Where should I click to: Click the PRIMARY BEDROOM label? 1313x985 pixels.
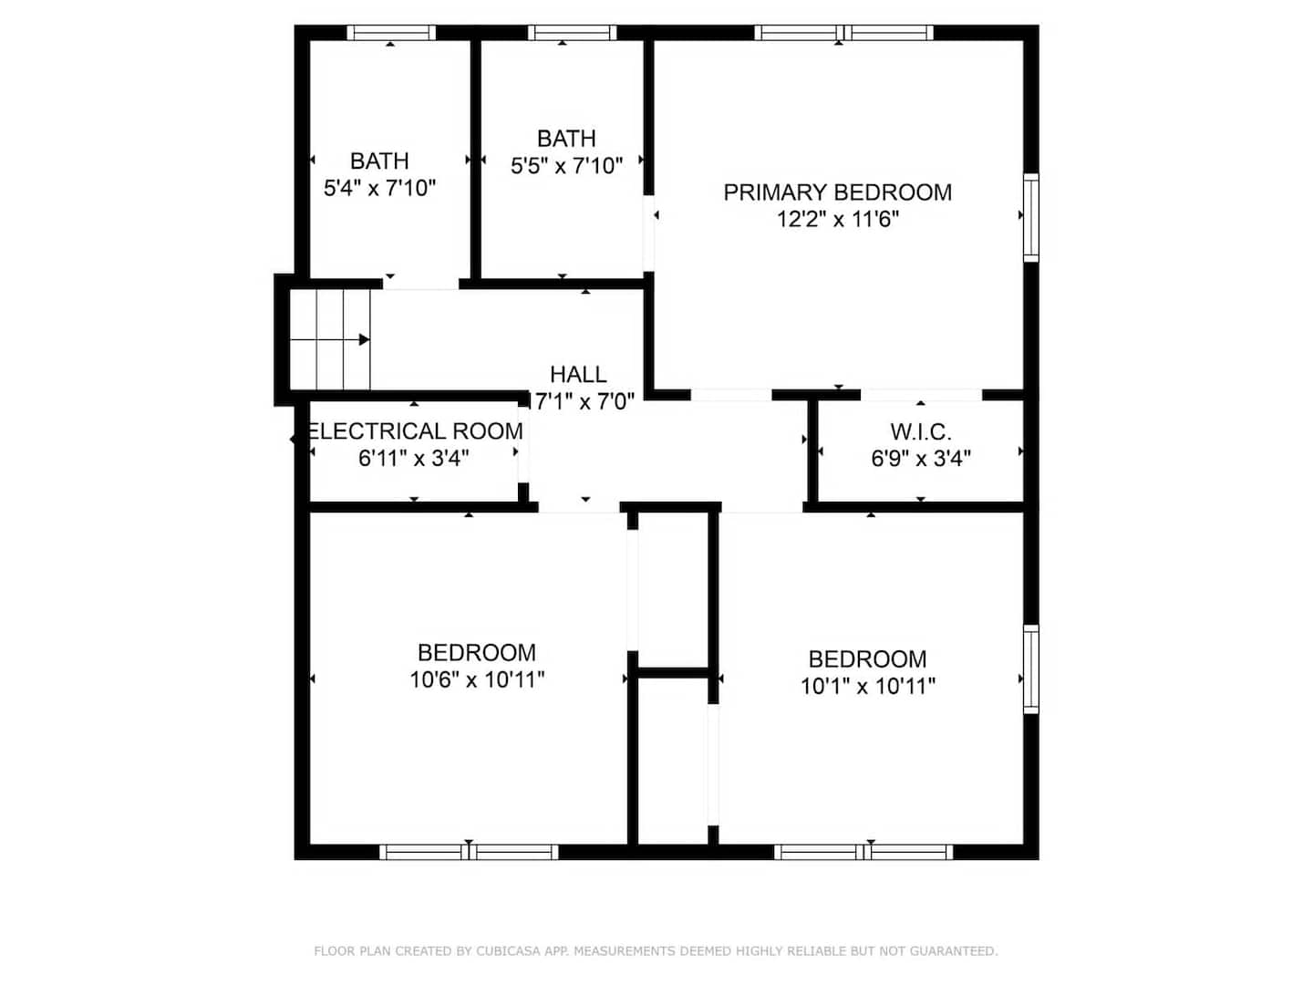837,192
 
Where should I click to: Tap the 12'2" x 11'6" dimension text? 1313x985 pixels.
837,220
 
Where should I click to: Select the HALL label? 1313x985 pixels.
578,374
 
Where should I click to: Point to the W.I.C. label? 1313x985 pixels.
921,431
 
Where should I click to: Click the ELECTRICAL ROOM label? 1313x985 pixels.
415,431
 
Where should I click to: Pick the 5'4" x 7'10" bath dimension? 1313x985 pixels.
380,189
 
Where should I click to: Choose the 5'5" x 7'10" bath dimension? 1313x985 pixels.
566,166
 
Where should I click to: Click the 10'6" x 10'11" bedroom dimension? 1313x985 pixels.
477,680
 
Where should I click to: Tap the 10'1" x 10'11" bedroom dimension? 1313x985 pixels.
868,687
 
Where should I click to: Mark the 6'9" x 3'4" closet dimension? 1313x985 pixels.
921,459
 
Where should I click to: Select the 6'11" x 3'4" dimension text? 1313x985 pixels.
413,459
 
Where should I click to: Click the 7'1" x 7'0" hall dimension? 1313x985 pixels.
583,401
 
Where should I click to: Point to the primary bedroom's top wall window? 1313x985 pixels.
843,32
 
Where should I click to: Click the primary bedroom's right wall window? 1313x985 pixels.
1030,218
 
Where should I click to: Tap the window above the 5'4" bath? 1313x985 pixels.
391,32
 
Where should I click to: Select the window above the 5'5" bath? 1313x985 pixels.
572,32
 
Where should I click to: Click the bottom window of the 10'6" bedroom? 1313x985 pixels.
469,852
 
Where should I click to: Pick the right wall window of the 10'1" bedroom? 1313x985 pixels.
1030,669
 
